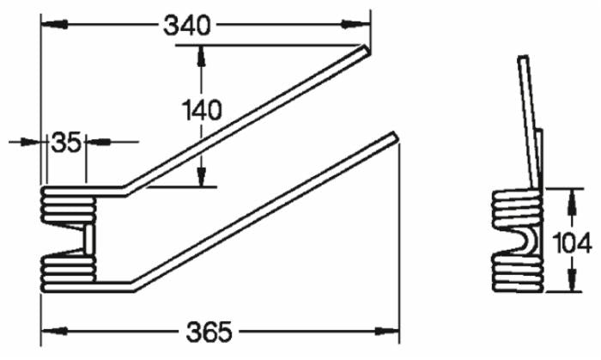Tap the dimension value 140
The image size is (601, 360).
point(202,110)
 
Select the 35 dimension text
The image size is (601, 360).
point(64,140)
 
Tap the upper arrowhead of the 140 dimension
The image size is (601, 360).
point(202,53)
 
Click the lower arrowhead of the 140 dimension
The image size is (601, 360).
point(202,180)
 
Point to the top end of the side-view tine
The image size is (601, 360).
point(522,58)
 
